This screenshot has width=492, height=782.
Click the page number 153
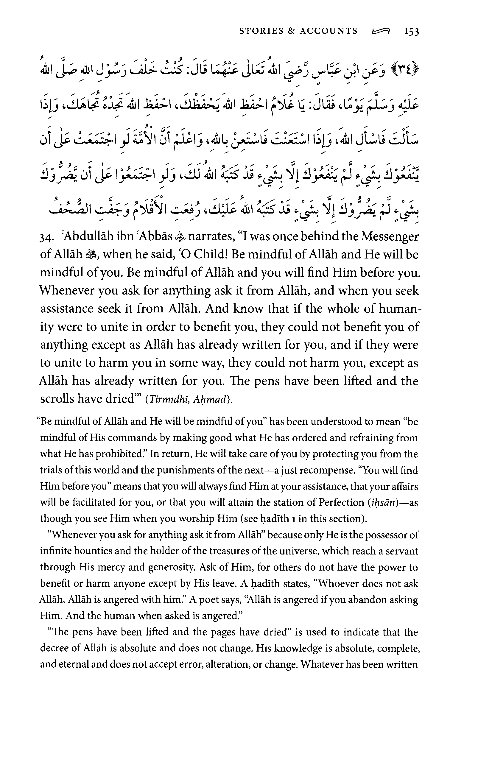pyautogui.click(x=412, y=32)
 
